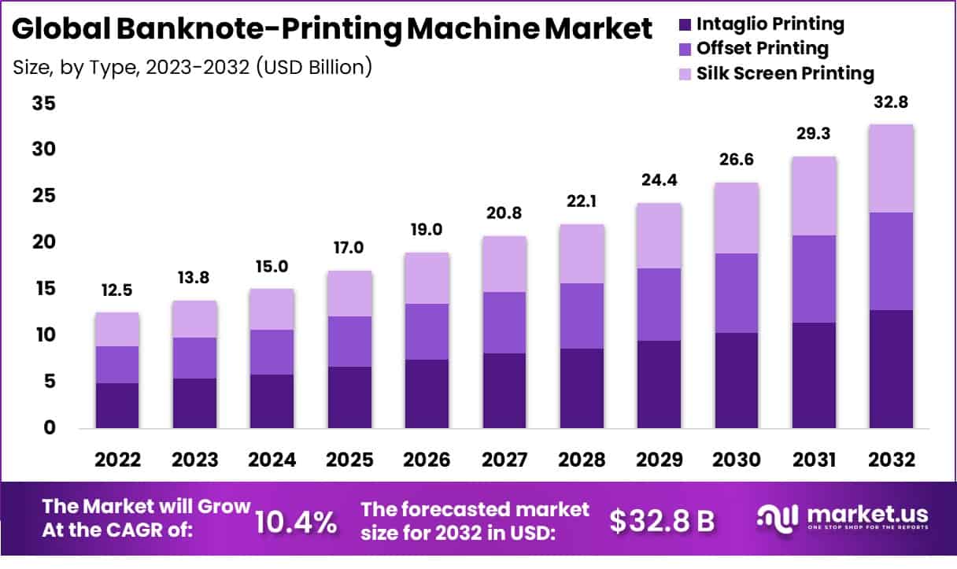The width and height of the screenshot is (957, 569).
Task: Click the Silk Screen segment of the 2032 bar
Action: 891,168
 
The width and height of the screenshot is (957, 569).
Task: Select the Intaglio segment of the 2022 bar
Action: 116,405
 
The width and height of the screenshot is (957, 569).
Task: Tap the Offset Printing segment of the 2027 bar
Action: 504,323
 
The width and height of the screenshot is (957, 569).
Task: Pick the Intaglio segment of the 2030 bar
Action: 736,380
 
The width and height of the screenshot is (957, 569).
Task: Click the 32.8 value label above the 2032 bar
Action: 891,102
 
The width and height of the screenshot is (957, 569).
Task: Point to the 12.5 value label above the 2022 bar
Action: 116,291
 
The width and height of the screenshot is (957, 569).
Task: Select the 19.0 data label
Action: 427,231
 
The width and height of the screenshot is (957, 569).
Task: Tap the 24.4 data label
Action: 659,181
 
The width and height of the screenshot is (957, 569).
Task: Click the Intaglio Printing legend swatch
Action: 685,25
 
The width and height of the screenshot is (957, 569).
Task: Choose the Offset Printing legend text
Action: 763,49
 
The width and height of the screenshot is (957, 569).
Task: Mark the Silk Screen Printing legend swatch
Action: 685,74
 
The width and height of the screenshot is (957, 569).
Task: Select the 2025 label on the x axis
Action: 349,460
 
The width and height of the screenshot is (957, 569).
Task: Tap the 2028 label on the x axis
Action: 581,460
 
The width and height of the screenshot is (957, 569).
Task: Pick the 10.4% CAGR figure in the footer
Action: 296,521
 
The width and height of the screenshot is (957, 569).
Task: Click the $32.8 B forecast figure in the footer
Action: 662,521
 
